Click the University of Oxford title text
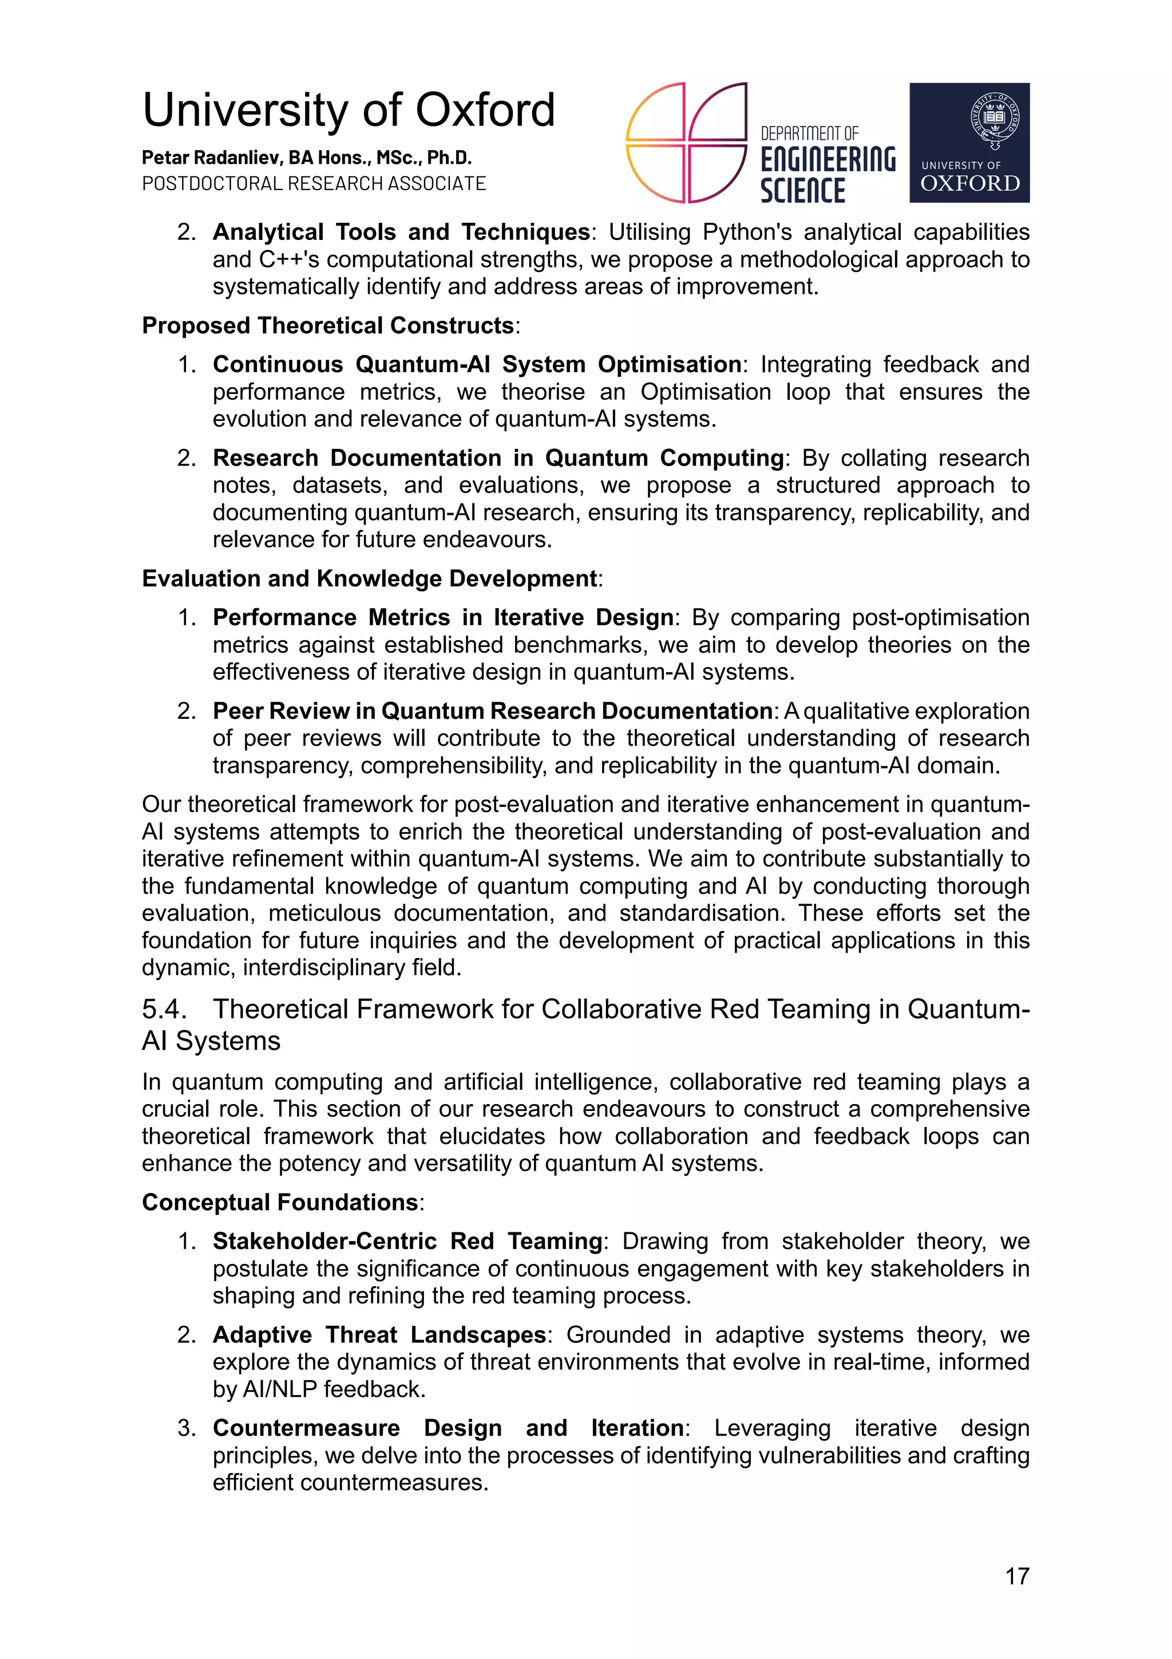pos(348,111)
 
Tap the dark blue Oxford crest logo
pos(968,143)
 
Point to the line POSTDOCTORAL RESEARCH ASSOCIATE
pos(314,183)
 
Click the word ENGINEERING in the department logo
pos(827,160)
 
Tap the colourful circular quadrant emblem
pos(686,143)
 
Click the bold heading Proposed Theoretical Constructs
pos(328,325)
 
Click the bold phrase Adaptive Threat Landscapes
pos(379,1334)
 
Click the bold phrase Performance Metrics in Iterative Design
pos(443,617)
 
